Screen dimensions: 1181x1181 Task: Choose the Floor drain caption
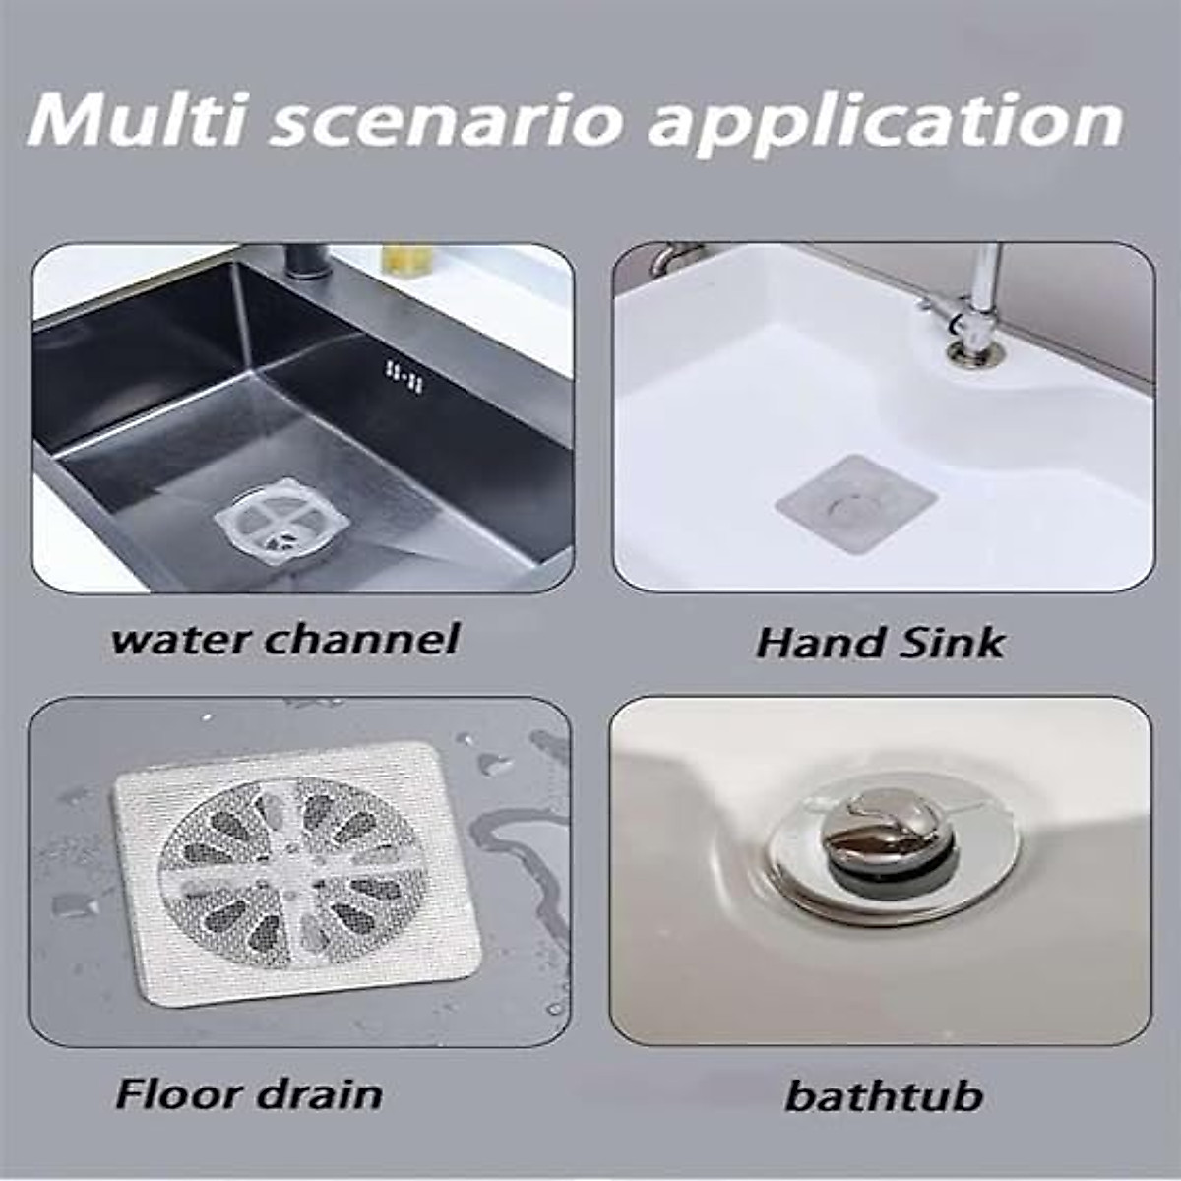click(249, 1093)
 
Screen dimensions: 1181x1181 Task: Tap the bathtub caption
click(884, 1095)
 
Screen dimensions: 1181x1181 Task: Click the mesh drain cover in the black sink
click(281, 517)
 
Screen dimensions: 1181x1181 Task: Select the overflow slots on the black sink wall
click(404, 375)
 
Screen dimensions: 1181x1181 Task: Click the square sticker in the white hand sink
click(854, 503)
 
